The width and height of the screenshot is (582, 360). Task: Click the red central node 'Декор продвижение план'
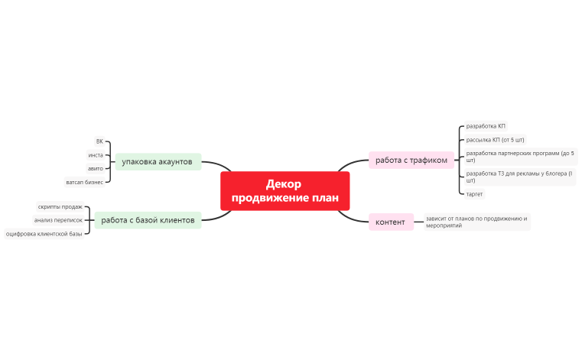coord(284,191)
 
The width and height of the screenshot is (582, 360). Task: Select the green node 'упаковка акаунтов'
coord(158,161)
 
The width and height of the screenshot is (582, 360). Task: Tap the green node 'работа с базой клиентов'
coord(148,220)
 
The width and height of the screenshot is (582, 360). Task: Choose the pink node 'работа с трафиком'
coord(411,160)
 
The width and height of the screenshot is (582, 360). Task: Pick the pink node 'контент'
coord(390,222)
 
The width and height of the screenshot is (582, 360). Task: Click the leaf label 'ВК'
coord(99,141)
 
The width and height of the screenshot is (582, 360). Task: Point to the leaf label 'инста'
coord(96,155)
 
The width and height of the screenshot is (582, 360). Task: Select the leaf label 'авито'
coord(96,168)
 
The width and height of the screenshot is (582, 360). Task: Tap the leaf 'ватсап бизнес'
coord(85,182)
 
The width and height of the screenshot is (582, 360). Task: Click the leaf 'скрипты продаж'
coord(60,206)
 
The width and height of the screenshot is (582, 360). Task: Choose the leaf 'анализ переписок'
coord(58,220)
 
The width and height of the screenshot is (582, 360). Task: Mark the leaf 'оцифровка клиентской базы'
coord(44,233)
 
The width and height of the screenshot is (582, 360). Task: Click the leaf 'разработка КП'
coord(486,125)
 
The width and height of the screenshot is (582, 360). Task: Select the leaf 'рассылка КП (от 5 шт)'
coord(496,140)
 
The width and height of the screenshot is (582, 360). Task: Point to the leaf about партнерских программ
coord(519,157)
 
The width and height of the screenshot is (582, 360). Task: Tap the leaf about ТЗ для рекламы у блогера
coord(519,177)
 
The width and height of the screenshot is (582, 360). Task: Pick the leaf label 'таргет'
coord(475,194)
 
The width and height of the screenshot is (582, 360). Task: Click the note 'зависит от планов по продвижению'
coord(476,222)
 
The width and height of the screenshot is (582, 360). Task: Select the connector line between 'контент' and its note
coord(418,222)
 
